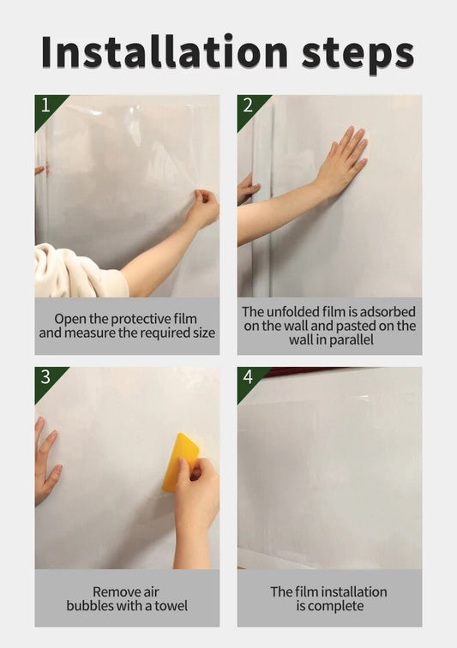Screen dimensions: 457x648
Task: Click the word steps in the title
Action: click(x=358, y=55)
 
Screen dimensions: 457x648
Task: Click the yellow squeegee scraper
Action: click(x=180, y=462)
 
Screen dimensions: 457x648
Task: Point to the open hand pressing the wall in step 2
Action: click(x=341, y=161)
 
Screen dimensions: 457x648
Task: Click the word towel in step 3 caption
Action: click(x=171, y=606)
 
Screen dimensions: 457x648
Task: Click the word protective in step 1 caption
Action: click(x=141, y=320)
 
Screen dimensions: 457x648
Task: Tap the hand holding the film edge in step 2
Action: click(x=247, y=189)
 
